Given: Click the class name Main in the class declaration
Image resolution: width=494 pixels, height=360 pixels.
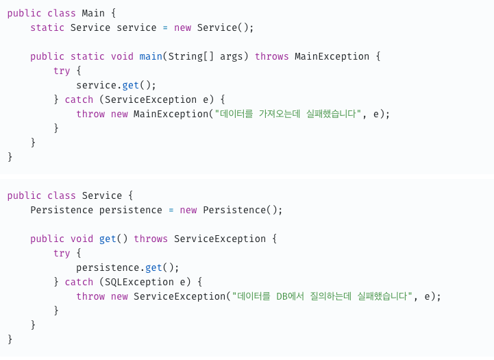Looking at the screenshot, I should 93,13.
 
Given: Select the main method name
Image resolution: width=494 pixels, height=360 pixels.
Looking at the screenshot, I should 151,56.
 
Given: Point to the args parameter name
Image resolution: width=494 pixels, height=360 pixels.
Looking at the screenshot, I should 232,56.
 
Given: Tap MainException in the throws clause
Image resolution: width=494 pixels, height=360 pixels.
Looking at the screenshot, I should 332,56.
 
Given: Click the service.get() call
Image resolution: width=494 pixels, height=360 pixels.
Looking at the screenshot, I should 116,85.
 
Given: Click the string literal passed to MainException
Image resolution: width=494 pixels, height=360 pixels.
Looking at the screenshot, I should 288,114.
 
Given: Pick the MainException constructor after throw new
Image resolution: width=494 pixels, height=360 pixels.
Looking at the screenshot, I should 171,114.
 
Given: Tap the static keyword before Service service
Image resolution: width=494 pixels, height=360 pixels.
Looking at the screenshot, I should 47,27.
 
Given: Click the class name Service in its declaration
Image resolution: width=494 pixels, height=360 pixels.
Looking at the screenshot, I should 102,195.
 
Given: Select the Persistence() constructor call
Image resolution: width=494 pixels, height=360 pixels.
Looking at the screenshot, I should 243,210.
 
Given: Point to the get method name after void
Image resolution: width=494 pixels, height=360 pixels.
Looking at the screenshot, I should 108,239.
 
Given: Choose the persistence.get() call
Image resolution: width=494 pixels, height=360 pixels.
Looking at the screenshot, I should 127,267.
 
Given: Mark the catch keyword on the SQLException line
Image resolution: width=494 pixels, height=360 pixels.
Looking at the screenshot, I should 79,282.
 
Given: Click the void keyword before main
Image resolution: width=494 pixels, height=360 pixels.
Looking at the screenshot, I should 122,56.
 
